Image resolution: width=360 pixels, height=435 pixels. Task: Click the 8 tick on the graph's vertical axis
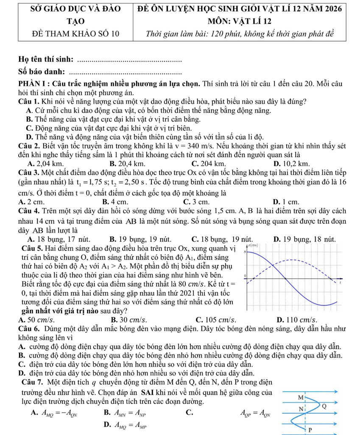(243, 252)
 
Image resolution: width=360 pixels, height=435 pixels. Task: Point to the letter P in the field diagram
(309, 429)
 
